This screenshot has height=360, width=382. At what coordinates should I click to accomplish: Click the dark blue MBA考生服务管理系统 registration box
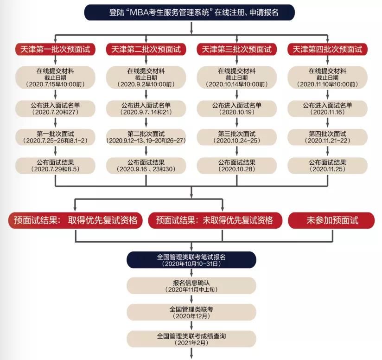[191, 13]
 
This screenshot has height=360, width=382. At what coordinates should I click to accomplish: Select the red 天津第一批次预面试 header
[55, 49]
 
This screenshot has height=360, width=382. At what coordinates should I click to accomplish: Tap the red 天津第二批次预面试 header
[146, 49]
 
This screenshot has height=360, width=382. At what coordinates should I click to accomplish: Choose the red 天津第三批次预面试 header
[237, 49]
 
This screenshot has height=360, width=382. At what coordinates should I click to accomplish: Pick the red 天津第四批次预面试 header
[327, 49]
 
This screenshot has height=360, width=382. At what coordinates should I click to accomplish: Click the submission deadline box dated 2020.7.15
[55, 77]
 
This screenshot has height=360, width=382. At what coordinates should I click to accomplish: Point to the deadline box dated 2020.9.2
[146, 77]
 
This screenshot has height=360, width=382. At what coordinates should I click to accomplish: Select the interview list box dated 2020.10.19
[237, 109]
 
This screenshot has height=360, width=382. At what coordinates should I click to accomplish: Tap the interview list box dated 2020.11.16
[327, 109]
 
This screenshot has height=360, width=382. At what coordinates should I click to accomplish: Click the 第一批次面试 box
[55, 137]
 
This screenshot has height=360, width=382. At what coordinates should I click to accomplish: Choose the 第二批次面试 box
[146, 137]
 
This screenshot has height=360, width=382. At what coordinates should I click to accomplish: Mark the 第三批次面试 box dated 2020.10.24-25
[237, 137]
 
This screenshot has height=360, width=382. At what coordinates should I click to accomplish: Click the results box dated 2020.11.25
[327, 166]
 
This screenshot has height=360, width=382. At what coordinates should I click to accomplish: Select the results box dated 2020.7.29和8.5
[55, 166]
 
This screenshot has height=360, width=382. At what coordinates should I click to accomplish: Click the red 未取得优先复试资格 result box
[215, 220]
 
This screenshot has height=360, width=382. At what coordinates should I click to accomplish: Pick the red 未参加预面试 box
[332, 220]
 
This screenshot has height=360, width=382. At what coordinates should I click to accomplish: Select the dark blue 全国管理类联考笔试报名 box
[191, 260]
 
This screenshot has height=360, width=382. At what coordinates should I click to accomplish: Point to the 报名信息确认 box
[191, 286]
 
